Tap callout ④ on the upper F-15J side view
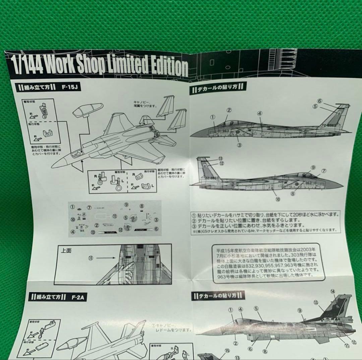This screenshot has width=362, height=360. pos(260,113)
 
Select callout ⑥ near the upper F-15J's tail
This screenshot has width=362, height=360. pos(319,101)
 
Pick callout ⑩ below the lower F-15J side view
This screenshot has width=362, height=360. pos(278,199)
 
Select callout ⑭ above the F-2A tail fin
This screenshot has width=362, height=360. pos(333,292)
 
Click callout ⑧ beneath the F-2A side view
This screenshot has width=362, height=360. pos(265,352)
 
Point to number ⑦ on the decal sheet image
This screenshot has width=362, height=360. pos(89,207)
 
